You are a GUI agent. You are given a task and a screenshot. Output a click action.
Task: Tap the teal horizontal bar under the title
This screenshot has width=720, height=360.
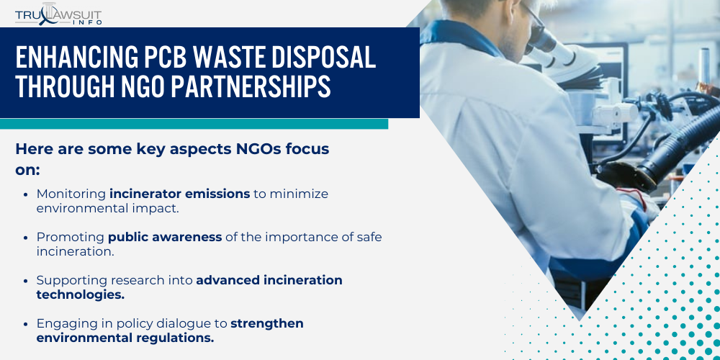point(194,124)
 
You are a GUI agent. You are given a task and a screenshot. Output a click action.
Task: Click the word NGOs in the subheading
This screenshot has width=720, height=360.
point(248,149)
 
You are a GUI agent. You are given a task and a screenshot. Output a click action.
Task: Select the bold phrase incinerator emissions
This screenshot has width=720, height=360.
point(179,194)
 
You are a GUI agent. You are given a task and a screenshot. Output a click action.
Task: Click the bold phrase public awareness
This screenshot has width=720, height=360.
point(165,236)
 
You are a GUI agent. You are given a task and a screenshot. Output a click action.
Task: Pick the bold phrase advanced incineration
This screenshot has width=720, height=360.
point(269,279)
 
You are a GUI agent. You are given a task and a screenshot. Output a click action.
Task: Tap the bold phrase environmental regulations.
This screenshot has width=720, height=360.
point(125,337)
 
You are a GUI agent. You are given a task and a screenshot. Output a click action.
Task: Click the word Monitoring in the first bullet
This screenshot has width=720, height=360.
point(71,194)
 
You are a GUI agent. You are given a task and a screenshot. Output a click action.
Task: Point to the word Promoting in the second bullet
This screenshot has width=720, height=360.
point(70,236)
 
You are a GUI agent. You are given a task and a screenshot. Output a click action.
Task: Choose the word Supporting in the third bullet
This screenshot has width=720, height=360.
point(71,279)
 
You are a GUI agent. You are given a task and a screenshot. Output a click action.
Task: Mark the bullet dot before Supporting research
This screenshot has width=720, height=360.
point(27,280)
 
